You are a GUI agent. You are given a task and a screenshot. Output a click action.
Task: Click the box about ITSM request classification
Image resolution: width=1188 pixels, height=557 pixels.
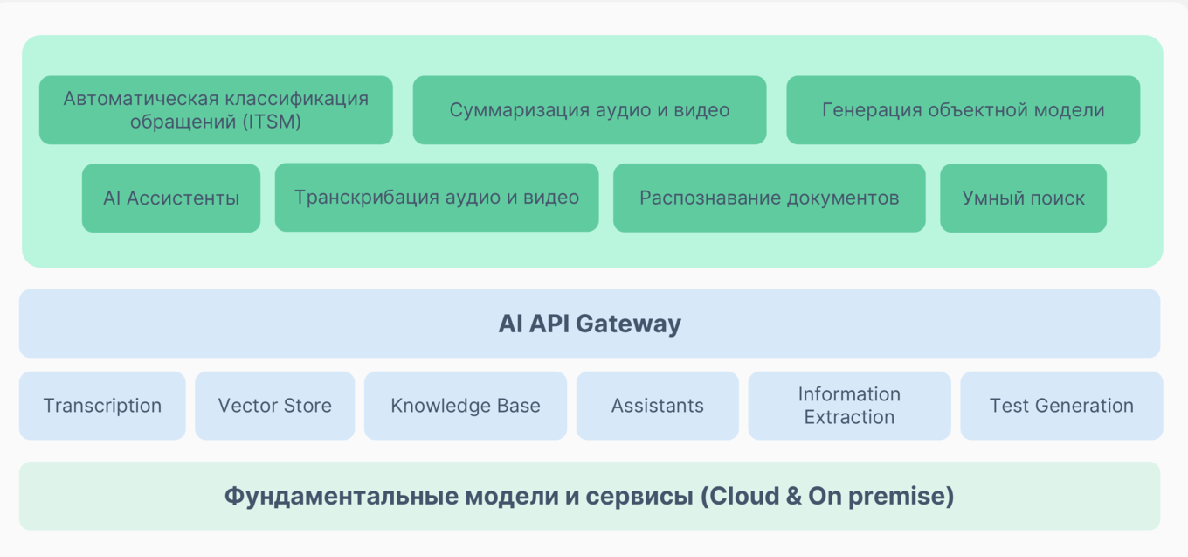(x=216, y=110)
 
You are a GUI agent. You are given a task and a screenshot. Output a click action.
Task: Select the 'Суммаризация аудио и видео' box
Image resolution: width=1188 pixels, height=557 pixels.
(x=590, y=110)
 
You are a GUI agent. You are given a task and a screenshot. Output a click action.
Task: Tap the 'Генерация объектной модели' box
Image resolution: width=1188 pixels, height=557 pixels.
(x=963, y=110)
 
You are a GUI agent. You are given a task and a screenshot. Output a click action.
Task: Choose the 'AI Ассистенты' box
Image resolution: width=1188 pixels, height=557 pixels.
(x=171, y=198)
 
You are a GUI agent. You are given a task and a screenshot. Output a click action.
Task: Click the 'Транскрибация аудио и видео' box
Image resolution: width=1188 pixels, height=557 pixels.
(x=437, y=198)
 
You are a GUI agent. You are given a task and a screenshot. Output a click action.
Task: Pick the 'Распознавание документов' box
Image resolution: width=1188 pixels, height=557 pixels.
(x=769, y=198)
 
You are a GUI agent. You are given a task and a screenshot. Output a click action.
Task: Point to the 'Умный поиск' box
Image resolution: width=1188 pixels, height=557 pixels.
(x=1023, y=198)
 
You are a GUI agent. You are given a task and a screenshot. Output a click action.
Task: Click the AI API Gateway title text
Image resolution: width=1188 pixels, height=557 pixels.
(x=590, y=324)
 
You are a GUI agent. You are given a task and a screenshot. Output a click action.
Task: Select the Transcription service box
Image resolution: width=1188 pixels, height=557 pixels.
(x=102, y=406)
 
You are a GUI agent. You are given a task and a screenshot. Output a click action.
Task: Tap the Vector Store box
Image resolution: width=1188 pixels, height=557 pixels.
(x=274, y=406)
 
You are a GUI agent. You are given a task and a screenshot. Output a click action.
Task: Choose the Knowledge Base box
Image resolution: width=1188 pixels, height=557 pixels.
(x=466, y=406)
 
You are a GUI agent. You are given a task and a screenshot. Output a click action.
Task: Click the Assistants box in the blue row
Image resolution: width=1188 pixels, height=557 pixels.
(x=657, y=406)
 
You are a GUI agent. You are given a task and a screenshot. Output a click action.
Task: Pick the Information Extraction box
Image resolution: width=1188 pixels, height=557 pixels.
(x=849, y=406)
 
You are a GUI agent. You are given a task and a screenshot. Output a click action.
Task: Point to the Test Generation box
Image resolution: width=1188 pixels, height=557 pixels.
(x=1061, y=406)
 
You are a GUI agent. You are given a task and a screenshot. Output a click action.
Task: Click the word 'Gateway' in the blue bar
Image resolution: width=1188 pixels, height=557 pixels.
(x=629, y=324)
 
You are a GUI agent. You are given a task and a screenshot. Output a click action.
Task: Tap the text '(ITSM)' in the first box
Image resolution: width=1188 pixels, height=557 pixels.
(x=272, y=122)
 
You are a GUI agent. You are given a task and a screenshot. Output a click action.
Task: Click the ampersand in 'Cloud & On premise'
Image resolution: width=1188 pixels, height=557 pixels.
(x=791, y=497)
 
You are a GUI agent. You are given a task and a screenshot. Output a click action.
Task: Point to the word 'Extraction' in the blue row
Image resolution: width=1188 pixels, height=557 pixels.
(x=849, y=417)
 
